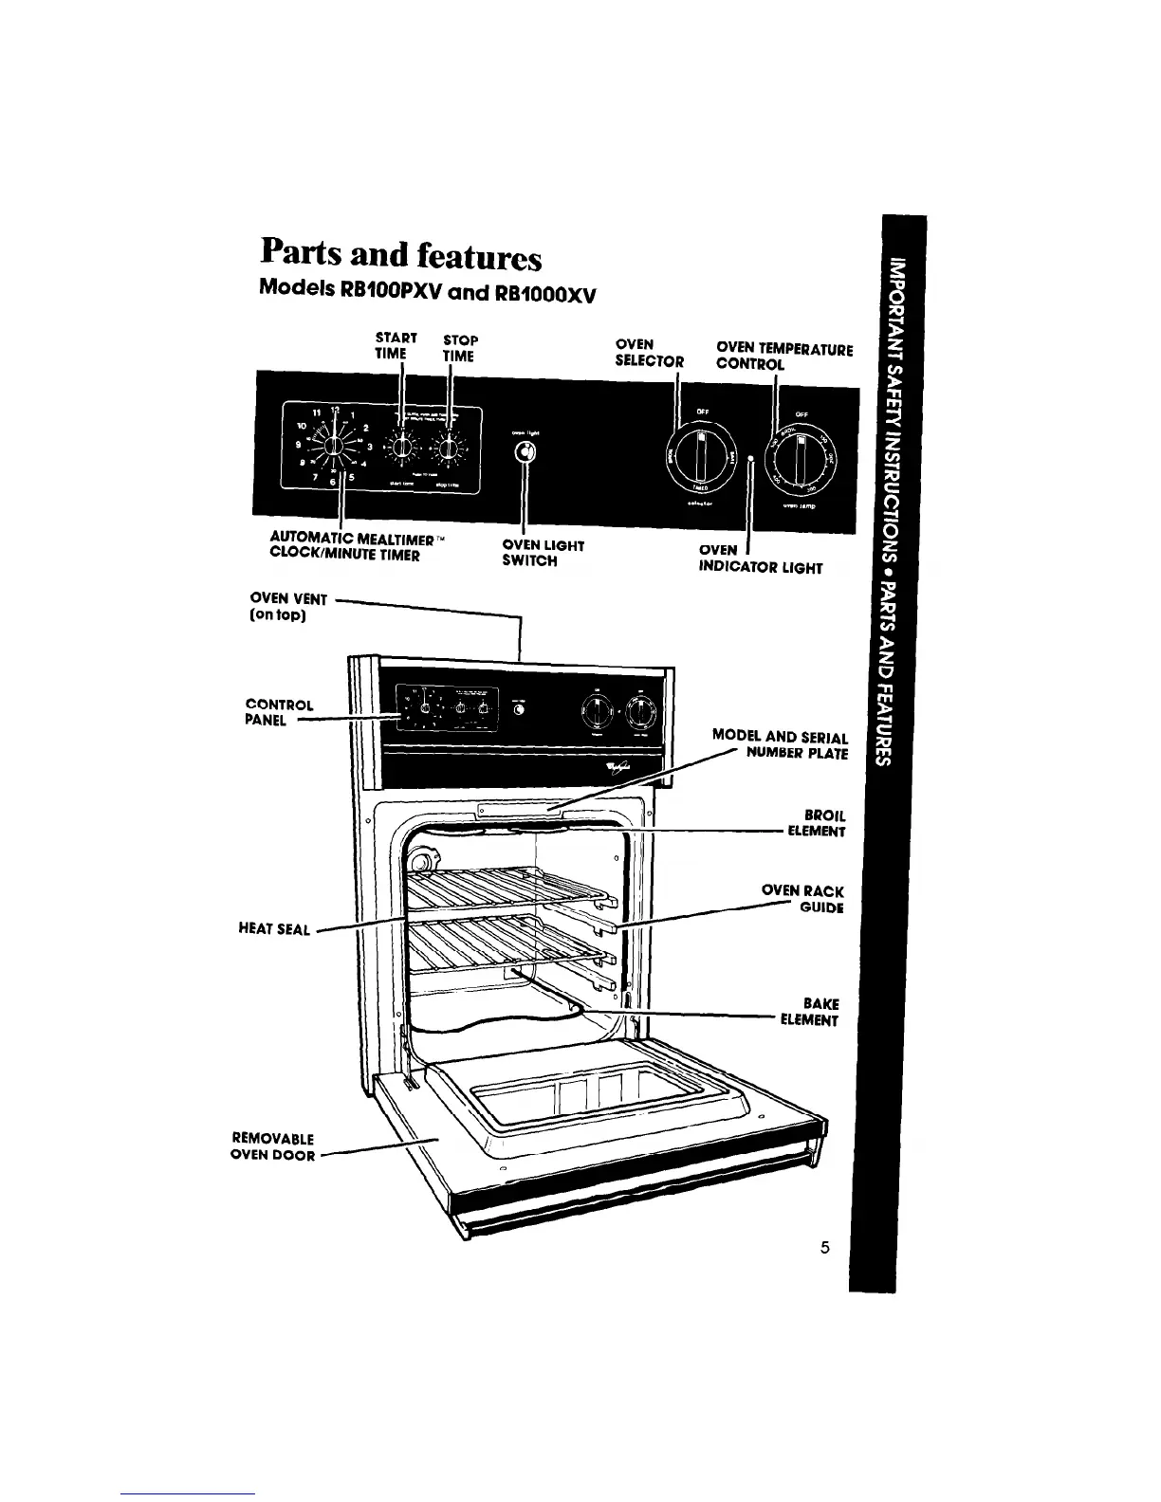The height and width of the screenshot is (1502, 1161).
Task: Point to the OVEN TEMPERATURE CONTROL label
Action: pyautogui.click(x=783, y=357)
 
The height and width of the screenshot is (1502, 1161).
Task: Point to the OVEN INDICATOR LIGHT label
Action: pyautogui.click(x=759, y=559)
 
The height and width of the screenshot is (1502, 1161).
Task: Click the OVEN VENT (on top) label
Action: pyautogui.click(x=288, y=608)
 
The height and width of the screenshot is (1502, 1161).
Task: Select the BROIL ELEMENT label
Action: pyautogui.click(x=816, y=823)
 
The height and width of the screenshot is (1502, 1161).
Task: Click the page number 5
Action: pyautogui.click(x=825, y=1248)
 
